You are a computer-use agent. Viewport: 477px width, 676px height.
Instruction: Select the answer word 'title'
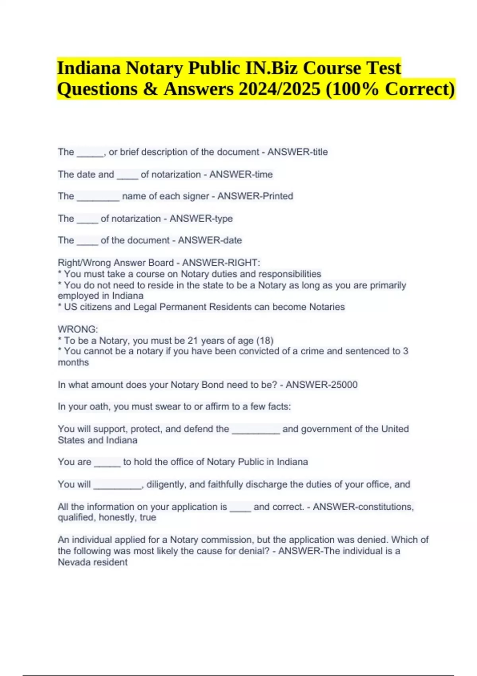tap(320, 152)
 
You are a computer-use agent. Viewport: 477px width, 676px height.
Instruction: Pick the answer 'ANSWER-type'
tap(201, 218)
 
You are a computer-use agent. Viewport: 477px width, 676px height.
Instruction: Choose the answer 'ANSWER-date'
tap(210, 240)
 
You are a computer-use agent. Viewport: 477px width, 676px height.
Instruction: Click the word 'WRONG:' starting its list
tap(78, 329)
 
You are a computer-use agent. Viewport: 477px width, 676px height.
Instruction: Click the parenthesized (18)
tap(265, 340)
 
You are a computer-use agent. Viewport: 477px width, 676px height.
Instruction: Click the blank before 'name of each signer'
tap(98, 197)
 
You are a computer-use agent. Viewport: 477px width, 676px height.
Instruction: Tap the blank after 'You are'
tap(107, 462)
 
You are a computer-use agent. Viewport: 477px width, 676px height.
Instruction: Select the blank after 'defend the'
tap(256, 429)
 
